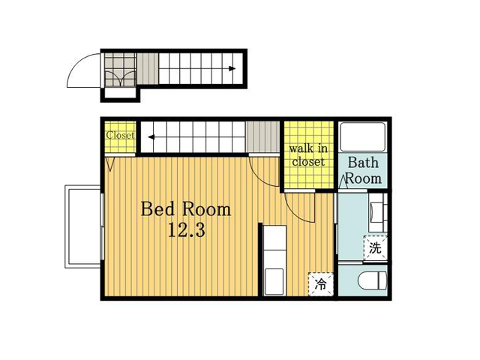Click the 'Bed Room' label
(186, 209)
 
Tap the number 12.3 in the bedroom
(187, 230)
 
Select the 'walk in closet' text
(308, 155)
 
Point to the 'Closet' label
(120, 135)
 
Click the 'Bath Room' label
(363, 170)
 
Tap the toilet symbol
(372, 280)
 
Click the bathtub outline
(363, 136)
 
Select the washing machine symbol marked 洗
(375, 248)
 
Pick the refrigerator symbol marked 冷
(320, 284)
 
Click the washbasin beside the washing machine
(378, 212)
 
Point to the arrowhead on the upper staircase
(232, 68)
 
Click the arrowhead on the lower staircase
(151, 137)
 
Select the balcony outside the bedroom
(82, 226)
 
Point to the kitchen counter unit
(275, 260)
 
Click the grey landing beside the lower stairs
(263, 136)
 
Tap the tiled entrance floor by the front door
(120, 70)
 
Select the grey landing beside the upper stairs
(148, 68)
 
